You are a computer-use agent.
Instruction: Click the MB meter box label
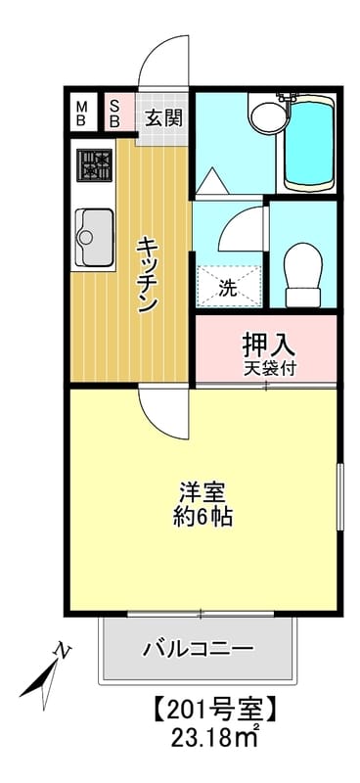click(x=82, y=114)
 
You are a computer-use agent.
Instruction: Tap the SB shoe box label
click(x=114, y=114)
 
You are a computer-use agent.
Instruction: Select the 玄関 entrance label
click(x=163, y=118)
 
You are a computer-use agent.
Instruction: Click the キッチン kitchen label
click(x=149, y=273)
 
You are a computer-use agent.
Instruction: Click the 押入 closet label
click(x=268, y=345)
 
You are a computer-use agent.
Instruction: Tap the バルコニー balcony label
click(x=198, y=648)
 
